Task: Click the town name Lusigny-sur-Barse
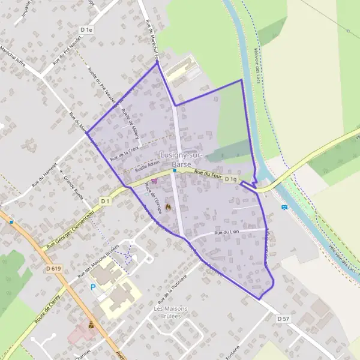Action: [x=182, y=159]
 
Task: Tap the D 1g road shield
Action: [x=231, y=179]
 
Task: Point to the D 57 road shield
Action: [x=284, y=319]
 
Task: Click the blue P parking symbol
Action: [x=92, y=287]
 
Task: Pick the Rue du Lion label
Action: [x=226, y=231]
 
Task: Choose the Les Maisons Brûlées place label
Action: [x=171, y=313]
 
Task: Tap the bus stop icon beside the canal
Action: [x=284, y=208]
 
